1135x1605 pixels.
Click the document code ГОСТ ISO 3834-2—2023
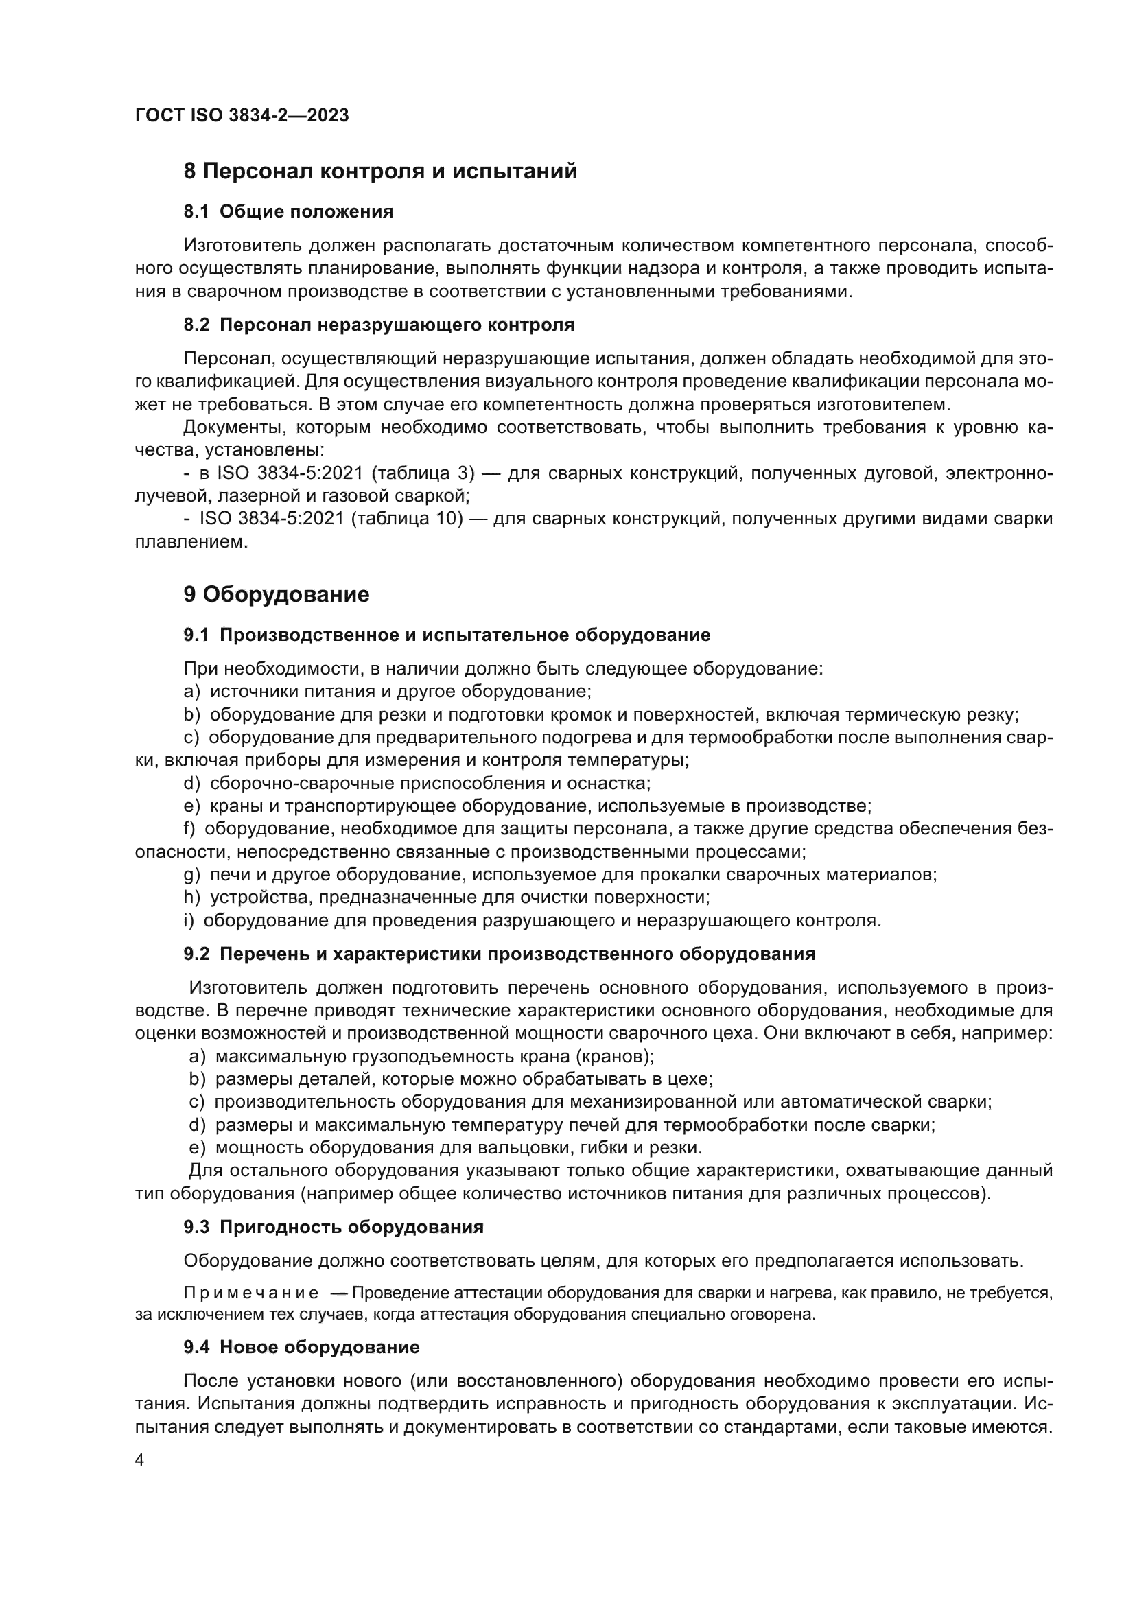coord(242,115)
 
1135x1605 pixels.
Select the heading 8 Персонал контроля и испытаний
coord(380,172)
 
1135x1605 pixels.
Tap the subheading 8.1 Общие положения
coord(288,211)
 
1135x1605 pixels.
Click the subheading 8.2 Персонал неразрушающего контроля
coord(379,325)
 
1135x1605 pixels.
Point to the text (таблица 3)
coord(423,473)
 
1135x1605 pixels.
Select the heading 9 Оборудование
coord(276,595)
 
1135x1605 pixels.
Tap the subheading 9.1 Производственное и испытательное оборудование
coord(447,635)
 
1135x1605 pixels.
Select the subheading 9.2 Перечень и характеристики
coord(499,954)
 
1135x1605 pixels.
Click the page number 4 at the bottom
coord(139,1461)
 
